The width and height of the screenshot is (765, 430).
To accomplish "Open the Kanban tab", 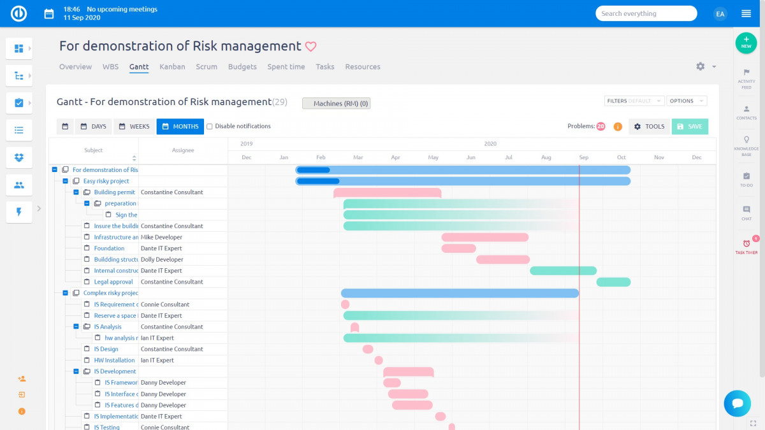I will [x=172, y=67].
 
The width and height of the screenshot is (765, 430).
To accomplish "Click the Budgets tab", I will [x=242, y=67].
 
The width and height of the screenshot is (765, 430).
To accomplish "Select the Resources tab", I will [x=363, y=67].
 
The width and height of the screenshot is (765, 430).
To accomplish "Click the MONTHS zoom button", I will [x=180, y=126].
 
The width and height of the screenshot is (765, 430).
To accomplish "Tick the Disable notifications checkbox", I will [x=210, y=126].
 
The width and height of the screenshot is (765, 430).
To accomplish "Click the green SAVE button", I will [x=690, y=126].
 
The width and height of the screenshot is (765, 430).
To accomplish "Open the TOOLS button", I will [x=649, y=126].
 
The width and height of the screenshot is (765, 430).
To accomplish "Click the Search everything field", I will [x=646, y=13].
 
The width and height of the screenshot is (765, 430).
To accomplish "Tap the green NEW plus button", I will [x=746, y=43].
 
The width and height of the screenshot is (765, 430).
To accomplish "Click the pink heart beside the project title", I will [x=310, y=47].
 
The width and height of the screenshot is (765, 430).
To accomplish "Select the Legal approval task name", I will [x=113, y=282].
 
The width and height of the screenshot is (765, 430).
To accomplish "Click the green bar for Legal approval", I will [x=613, y=282].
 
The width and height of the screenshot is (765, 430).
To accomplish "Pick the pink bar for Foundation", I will [x=458, y=248].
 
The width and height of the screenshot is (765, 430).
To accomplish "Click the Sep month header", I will [x=584, y=157].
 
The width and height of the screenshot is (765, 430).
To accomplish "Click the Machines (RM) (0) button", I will [x=336, y=103].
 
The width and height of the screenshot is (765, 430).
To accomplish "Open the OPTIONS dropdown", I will [x=686, y=101].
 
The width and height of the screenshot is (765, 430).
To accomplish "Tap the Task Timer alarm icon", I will [x=747, y=244].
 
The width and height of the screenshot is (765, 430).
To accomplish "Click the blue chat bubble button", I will [x=738, y=403].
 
